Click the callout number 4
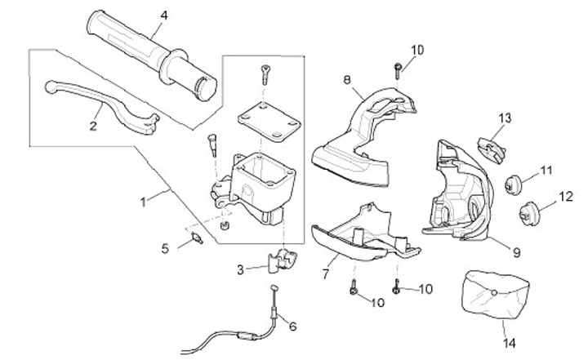164,16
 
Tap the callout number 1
143,202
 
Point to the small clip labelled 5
197,238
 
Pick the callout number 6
293,327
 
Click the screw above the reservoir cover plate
265,74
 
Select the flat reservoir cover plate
269,122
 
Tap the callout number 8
347,80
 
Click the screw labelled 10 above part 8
398,71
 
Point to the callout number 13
505,118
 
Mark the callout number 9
517,252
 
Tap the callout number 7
325,274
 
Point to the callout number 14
510,343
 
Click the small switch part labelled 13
492,150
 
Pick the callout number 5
165,249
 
